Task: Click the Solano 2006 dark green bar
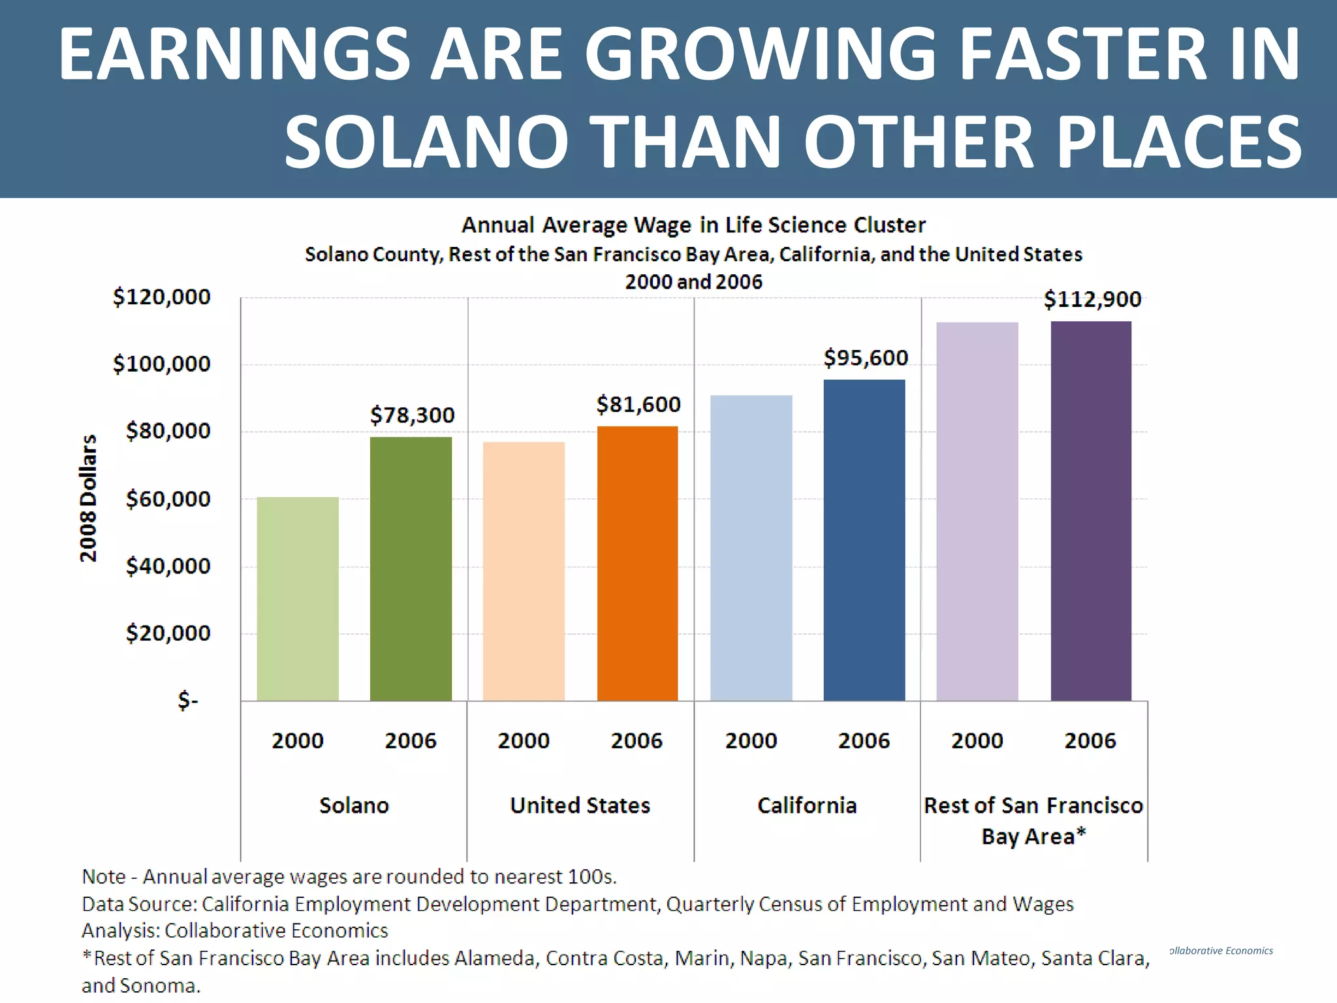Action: coord(411,568)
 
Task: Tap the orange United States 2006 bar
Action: coord(637,563)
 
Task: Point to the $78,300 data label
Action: coord(412,415)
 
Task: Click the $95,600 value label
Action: coord(866,358)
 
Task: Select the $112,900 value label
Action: coord(1092,300)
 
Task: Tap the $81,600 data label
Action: coord(638,405)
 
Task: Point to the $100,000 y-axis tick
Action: coord(162,364)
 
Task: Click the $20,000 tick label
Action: coord(168,633)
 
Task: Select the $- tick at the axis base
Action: coord(188,701)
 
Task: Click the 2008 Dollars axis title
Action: coord(88,498)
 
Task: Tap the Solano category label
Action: coord(354,805)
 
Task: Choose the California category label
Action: coord(807,805)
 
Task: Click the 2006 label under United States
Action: coord(637,740)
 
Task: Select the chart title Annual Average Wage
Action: coord(693,225)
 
